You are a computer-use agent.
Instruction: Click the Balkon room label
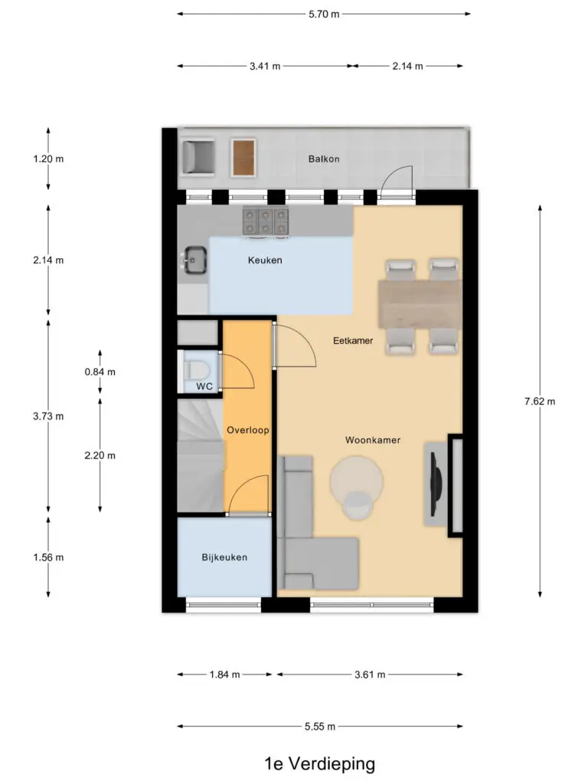coord(324,159)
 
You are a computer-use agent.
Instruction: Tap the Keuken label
coord(265,260)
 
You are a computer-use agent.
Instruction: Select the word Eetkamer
coord(353,341)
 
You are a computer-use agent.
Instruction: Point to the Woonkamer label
coord(373,440)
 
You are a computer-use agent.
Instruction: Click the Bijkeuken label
coord(224,557)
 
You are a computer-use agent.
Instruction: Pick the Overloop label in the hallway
coord(248,430)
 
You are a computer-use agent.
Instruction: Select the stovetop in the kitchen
coord(266,221)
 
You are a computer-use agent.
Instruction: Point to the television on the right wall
coord(436,484)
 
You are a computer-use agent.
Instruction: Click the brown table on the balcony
coord(243,158)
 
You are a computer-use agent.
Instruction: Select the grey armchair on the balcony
coord(198,158)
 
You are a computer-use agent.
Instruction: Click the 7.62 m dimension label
coord(540,401)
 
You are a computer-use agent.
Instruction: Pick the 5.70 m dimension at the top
coord(324,14)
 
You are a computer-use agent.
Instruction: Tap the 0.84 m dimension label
coord(100,372)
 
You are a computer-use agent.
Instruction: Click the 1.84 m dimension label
coord(224,675)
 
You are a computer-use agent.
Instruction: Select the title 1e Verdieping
coord(319,763)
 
